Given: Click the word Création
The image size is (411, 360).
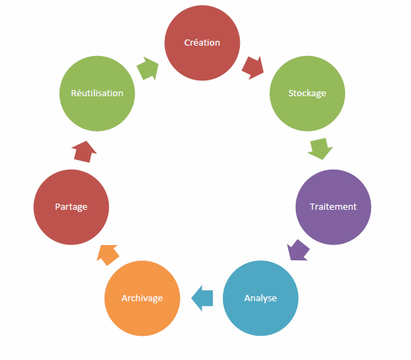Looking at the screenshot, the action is click(x=202, y=42).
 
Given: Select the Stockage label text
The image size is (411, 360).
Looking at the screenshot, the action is click(x=307, y=93).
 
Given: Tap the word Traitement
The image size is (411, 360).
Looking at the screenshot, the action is click(x=333, y=206).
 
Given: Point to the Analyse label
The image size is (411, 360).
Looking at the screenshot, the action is click(x=261, y=298).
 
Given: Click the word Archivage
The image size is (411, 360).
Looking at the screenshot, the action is click(x=142, y=298).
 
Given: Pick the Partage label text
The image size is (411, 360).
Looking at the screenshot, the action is click(x=71, y=207).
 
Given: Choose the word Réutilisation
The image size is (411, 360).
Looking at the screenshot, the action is click(x=97, y=93).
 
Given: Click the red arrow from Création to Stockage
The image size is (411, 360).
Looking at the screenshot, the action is click(x=253, y=68).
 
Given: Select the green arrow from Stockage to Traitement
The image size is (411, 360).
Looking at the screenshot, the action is click(x=320, y=148).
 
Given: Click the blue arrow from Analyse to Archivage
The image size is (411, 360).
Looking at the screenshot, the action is click(x=202, y=298).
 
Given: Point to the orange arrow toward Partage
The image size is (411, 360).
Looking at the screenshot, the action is click(x=108, y=255).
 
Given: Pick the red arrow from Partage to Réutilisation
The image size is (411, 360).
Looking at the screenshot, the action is click(x=84, y=152).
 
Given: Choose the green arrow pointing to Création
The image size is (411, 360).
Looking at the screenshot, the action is click(x=148, y=69).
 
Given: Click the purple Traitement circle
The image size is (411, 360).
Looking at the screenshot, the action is click(x=333, y=207).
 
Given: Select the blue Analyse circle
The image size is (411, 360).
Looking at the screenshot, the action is click(x=261, y=298).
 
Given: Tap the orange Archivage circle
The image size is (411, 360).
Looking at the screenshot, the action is click(x=142, y=298).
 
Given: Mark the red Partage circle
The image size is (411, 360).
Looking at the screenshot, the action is click(x=71, y=207).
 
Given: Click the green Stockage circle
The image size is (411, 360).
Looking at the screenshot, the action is click(x=307, y=93).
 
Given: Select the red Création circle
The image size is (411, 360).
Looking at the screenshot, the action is click(x=202, y=43).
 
